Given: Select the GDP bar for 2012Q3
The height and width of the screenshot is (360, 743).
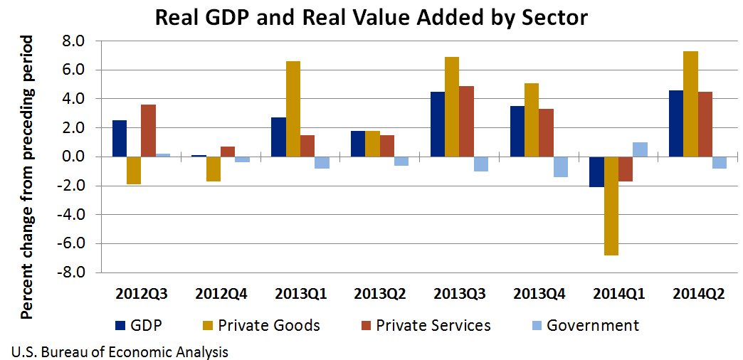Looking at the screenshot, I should (x=120, y=139).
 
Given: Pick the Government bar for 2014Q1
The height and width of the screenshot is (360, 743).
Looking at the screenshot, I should (x=640, y=149).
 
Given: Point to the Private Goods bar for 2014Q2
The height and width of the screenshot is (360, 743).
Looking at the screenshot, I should (x=690, y=104).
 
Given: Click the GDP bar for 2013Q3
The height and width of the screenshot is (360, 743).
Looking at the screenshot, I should (x=438, y=125).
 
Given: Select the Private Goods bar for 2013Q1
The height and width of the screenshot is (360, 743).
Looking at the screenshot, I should (x=293, y=109).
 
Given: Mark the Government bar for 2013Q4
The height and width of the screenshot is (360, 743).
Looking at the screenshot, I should (x=560, y=166).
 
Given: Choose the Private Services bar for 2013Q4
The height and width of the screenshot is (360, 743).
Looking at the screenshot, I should (x=546, y=133).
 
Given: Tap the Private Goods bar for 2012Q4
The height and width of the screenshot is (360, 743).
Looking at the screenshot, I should (x=214, y=169).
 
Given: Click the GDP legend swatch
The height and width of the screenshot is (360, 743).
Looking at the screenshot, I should (x=120, y=326).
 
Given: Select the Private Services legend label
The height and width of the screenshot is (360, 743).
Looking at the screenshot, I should (x=433, y=326).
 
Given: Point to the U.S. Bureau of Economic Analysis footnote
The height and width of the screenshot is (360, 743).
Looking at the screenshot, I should (x=120, y=351).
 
